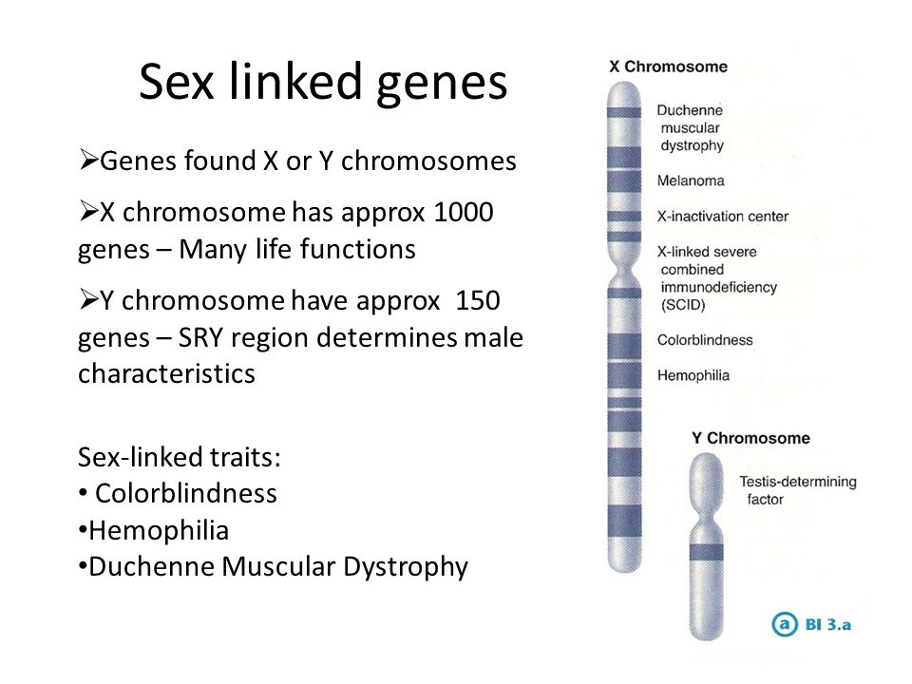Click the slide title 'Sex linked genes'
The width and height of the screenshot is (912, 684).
[323, 83]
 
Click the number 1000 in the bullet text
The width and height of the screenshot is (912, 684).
[464, 212]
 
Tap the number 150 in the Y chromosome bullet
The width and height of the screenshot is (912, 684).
[478, 301]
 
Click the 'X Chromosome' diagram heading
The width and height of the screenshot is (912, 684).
[668, 66]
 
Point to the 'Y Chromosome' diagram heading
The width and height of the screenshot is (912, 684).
[750, 438]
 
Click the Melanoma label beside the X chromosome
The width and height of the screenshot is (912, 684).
[691, 180]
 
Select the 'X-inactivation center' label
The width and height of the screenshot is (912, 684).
[723, 217]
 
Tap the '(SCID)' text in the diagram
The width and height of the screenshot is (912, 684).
[683, 305]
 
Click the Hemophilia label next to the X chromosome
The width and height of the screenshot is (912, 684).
[693, 376]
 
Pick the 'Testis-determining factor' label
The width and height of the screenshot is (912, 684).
[798, 490]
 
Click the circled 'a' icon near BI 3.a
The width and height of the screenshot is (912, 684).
[784, 624]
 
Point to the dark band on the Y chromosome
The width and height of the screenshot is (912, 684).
[707, 552]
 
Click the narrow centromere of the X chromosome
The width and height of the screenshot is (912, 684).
[624, 270]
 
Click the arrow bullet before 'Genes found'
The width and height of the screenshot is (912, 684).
[88, 160]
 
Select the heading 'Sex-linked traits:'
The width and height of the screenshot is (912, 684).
[180, 457]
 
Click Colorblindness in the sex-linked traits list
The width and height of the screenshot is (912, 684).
[186, 494]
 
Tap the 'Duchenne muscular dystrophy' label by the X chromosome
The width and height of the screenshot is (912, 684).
[691, 128]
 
